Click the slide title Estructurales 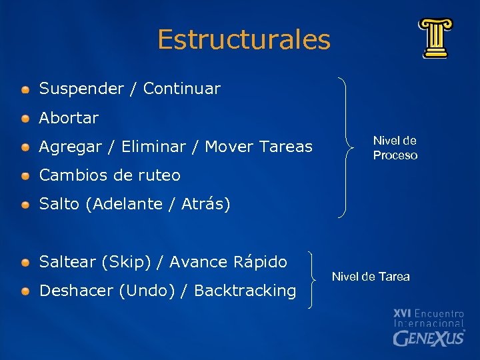[x=244, y=40]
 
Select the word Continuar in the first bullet [x=181, y=89]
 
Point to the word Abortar [x=69, y=118]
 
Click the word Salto [x=60, y=204]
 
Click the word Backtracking [x=245, y=291]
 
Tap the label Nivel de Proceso [x=395, y=148]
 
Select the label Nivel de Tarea [x=371, y=277]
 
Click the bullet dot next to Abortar [x=25, y=119]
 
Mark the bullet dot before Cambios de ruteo [x=25, y=176]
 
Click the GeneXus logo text [x=429, y=338]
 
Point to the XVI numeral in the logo [x=403, y=313]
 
